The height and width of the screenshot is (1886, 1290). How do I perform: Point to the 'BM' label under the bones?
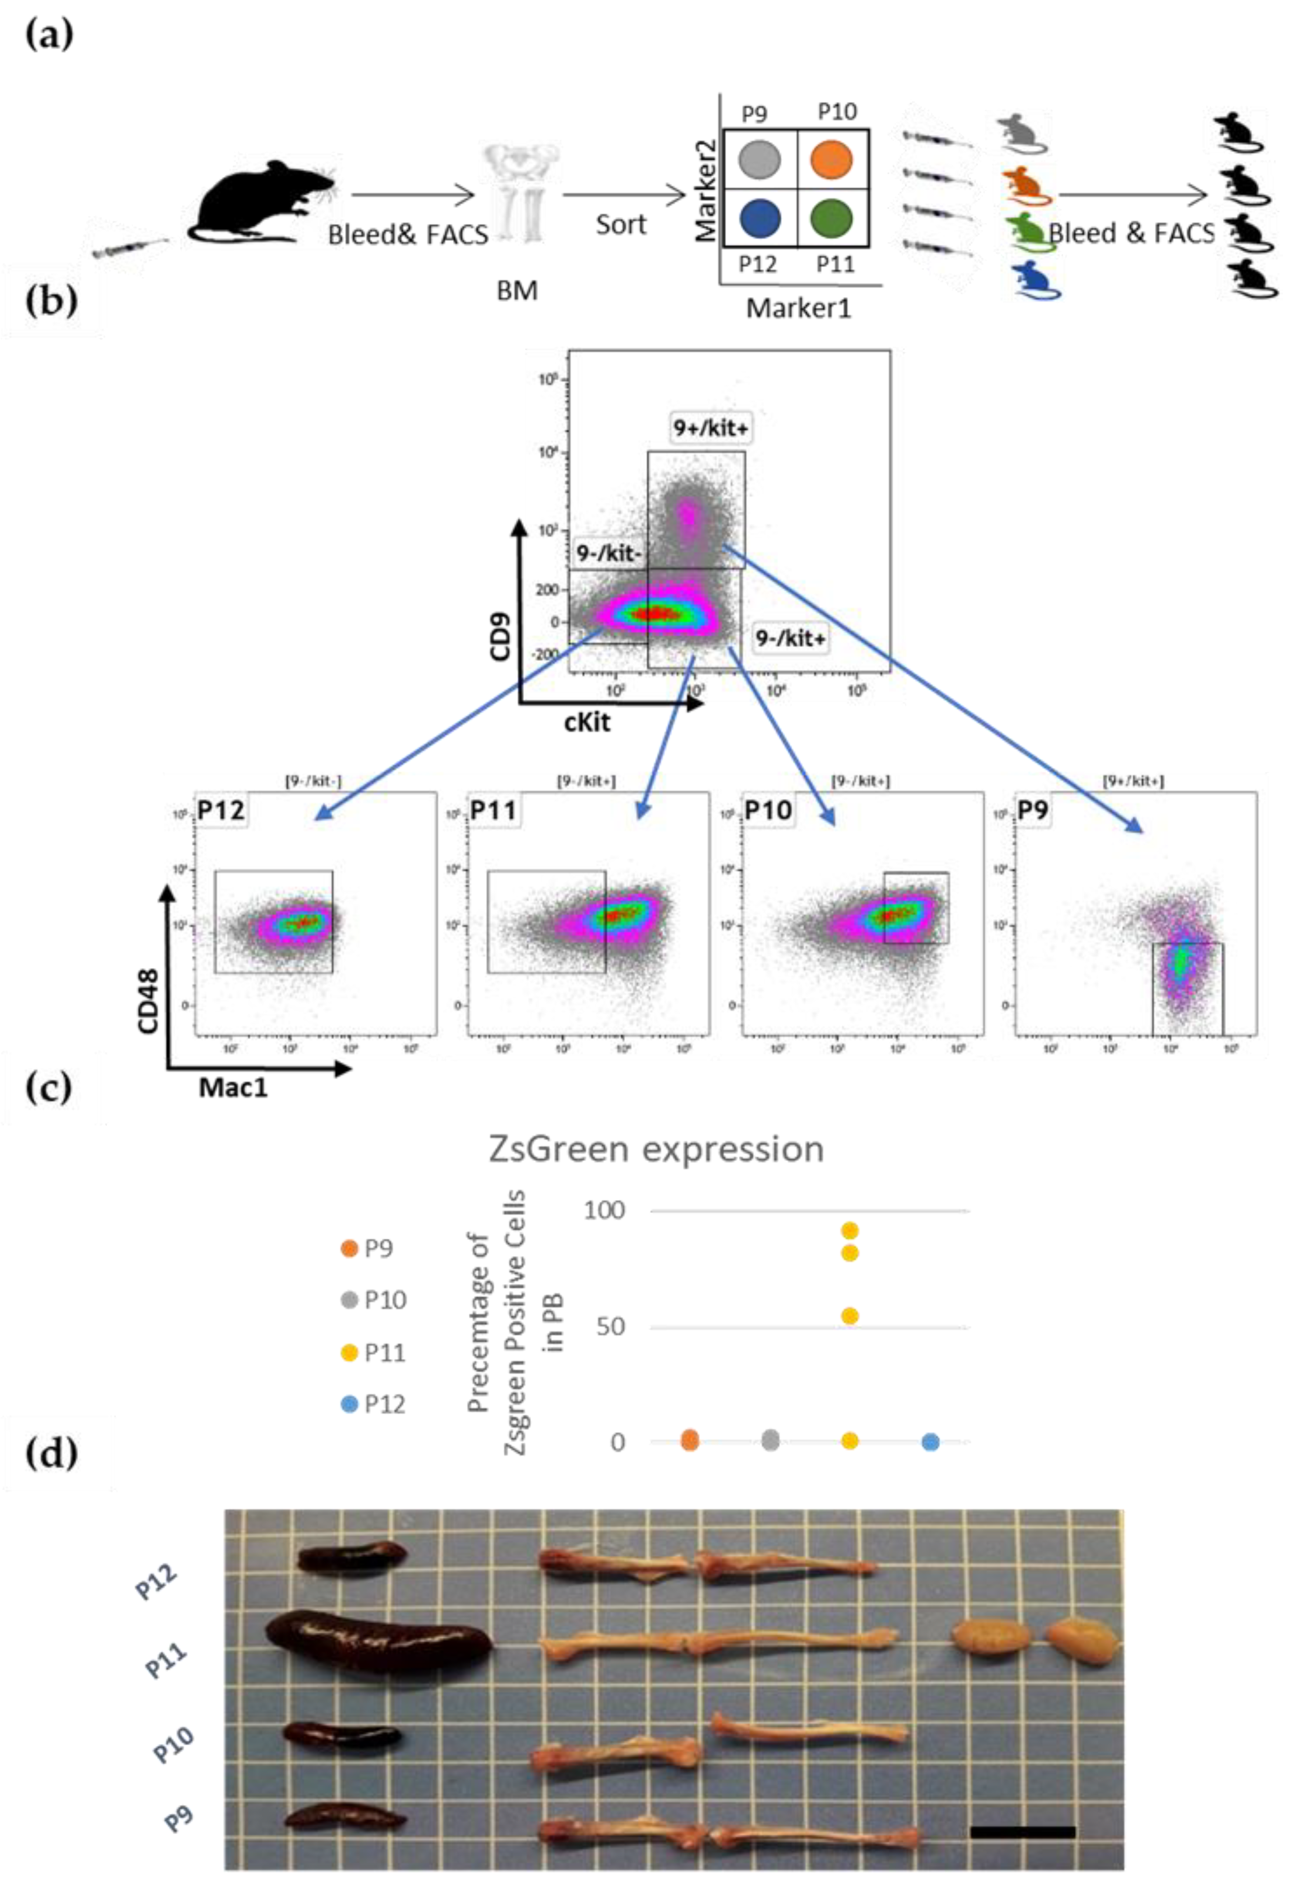[517, 290]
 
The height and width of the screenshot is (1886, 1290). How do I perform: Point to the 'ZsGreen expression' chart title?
[656, 1149]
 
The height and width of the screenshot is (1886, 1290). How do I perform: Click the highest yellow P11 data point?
[849, 1231]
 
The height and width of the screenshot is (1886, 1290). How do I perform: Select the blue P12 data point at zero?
[930, 1442]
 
